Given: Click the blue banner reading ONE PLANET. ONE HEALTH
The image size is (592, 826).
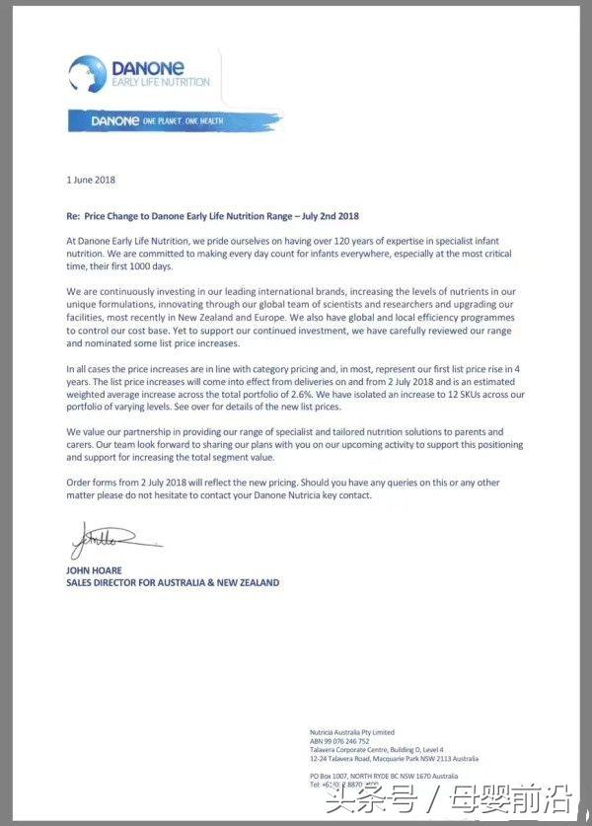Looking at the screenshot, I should click(x=174, y=121).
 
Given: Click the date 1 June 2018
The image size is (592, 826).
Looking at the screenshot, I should click(x=91, y=180).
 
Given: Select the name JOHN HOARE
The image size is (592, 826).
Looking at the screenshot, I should click(x=94, y=571).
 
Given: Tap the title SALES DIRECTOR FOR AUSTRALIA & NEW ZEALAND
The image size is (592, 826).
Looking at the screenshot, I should click(x=173, y=583).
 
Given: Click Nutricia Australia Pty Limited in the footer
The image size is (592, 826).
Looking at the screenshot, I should click(x=352, y=732).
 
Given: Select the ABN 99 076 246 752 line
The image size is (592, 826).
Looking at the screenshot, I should click(x=339, y=741).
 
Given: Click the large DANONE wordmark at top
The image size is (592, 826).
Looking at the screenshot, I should click(x=147, y=67).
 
